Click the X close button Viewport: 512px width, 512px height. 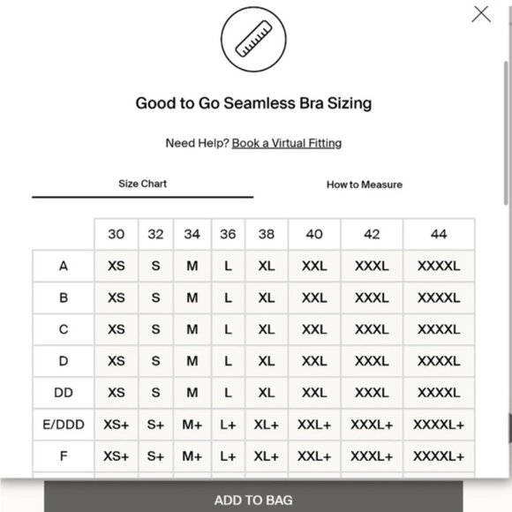coord(481,14)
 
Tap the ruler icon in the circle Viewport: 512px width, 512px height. coord(253,41)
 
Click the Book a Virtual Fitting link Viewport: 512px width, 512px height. coord(287,143)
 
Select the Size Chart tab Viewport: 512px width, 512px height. coord(142,184)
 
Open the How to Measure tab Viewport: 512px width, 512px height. coord(364,184)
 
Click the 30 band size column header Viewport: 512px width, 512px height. coord(117,234)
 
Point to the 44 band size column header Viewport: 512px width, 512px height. coord(439,234)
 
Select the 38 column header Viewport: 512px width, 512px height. coord(267,234)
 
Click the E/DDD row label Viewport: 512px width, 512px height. coord(64,425)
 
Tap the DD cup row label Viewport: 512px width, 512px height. coord(64,393)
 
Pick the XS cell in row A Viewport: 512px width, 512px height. coord(117,266)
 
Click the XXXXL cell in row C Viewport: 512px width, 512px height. coord(439,329)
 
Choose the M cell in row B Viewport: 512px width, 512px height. coord(192,297)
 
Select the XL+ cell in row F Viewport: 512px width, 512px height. coord(267,456)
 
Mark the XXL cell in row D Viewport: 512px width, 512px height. coord(314,361)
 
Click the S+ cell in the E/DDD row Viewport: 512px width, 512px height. coord(156,425)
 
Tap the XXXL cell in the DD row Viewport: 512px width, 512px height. coord(372,393)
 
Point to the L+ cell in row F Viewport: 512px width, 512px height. coord(229,456)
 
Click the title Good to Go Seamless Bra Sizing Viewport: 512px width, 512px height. coord(253,103)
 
